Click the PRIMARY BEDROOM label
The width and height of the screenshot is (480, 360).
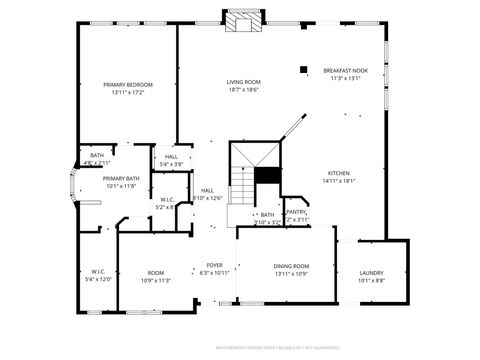point(128,84)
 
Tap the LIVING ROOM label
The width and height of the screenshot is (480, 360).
point(243,81)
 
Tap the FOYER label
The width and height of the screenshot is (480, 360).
point(215,265)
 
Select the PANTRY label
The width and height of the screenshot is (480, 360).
point(296,212)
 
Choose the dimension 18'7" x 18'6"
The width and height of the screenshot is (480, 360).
point(243,90)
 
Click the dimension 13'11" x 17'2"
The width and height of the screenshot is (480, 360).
point(128,93)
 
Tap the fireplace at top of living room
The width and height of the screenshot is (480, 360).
point(241,22)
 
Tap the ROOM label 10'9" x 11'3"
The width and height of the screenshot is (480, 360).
point(155,272)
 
